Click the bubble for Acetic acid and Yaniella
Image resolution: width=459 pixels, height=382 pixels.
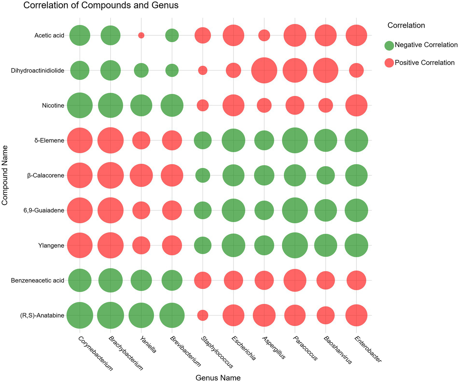(141, 35)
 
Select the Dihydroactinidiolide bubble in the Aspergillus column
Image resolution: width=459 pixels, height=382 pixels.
(264, 71)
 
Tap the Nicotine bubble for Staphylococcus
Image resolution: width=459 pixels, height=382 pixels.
(203, 105)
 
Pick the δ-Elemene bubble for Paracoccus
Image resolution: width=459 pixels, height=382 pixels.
(295, 140)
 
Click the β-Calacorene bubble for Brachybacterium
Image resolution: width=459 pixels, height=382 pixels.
(110, 175)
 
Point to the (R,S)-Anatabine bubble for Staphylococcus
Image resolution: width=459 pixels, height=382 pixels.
(203, 315)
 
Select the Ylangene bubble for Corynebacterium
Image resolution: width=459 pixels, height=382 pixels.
(80, 245)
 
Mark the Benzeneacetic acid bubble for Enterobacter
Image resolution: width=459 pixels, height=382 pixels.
(356, 280)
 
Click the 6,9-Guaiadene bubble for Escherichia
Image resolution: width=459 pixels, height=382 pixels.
(233, 210)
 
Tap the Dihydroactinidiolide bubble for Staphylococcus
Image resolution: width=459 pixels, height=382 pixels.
(203, 71)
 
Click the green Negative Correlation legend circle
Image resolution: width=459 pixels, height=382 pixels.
(389, 45)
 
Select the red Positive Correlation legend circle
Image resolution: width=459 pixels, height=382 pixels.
(389, 63)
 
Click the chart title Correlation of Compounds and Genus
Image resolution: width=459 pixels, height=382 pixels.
(101, 5)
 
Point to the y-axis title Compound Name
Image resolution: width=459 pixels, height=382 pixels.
(5, 175)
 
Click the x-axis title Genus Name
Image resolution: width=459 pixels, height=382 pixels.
(218, 378)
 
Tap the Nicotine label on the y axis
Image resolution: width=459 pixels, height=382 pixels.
(53, 105)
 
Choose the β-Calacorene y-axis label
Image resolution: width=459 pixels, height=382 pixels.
(46, 175)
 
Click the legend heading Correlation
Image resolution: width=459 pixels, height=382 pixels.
(406, 25)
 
